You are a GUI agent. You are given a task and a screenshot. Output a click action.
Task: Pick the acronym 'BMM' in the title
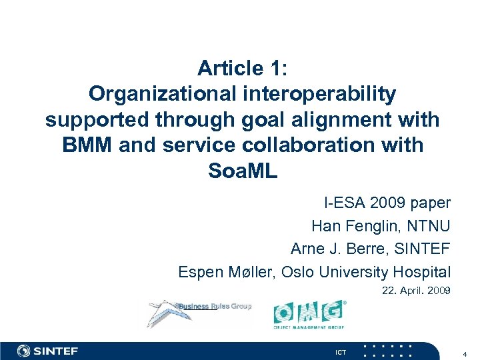coord(87,145)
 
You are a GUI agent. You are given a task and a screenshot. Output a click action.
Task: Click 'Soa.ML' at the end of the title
coord(242,171)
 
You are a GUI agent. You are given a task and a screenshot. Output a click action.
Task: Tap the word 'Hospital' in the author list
coord(423,272)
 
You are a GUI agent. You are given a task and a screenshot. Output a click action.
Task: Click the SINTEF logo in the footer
coord(48,351)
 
